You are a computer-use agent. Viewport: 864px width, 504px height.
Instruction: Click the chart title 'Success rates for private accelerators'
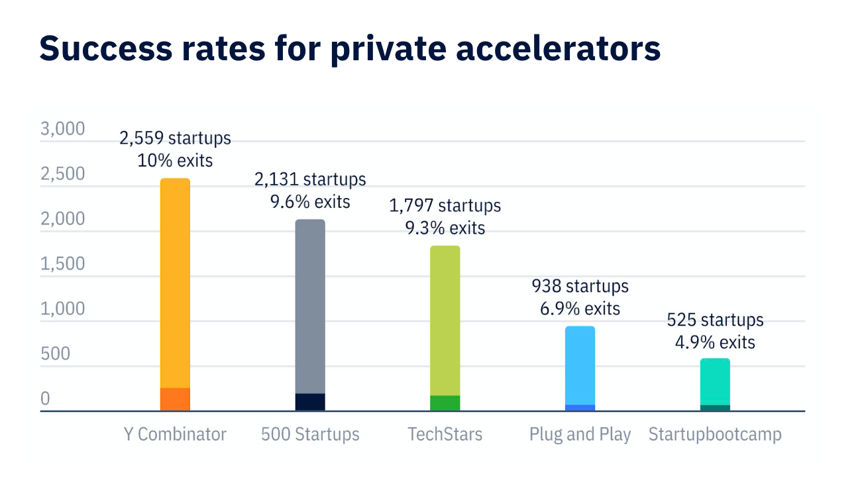click(x=350, y=48)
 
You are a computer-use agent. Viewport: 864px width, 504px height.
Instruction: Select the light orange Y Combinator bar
click(x=175, y=281)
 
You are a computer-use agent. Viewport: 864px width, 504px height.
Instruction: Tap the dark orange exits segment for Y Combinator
click(x=175, y=399)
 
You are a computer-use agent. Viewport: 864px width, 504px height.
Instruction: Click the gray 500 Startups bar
click(x=310, y=305)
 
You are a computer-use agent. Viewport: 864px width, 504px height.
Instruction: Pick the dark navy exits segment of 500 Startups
click(x=310, y=402)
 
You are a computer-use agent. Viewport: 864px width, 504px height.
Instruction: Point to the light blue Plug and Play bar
click(x=580, y=364)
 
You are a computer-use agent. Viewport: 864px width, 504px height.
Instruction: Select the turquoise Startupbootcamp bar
click(x=715, y=381)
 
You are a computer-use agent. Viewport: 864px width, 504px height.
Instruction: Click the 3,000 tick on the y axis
click(x=63, y=128)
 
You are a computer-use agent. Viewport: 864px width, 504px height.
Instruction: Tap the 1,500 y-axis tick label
click(x=63, y=264)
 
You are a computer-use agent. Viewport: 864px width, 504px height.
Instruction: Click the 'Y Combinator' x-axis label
click(x=175, y=434)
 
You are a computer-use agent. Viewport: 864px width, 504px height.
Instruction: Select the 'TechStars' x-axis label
click(x=445, y=434)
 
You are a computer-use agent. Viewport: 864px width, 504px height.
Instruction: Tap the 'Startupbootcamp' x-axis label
click(x=715, y=434)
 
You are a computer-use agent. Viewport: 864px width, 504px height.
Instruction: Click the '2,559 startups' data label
click(x=175, y=138)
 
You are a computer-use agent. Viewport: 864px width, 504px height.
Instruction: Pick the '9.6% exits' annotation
click(x=310, y=201)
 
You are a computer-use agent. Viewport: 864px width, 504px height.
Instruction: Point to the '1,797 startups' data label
click(x=445, y=206)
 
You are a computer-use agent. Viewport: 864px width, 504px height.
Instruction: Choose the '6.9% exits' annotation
click(x=580, y=309)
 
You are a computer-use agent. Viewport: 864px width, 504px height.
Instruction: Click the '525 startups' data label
click(x=715, y=321)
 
